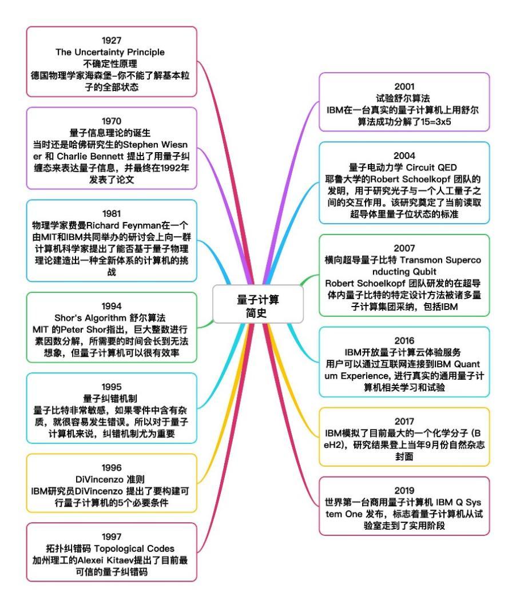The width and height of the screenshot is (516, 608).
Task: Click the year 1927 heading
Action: pyautogui.click(x=112, y=41)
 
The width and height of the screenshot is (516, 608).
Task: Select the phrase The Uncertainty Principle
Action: pyautogui.click(x=110, y=52)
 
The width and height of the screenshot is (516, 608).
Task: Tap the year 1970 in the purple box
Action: pyautogui.click(x=112, y=121)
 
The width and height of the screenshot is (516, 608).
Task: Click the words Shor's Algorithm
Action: pyautogui.click(x=88, y=318)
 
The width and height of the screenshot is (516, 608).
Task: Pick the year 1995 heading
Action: pyautogui.click(x=112, y=387)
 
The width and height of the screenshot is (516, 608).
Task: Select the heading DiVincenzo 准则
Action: pyautogui.click(x=110, y=479)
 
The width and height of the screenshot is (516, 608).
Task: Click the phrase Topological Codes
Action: pyautogui.click(x=134, y=549)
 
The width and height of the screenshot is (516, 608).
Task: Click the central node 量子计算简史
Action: pyautogui.click(x=258, y=305)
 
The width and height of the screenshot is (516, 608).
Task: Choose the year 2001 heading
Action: pyautogui.click(x=404, y=86)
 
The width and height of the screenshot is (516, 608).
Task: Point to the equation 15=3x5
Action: pyautogui.click(x=436, y=122)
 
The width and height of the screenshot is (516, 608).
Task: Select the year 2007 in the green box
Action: pyautogui.click(x=404, y=248)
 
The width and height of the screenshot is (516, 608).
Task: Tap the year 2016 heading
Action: pyautogui.click(x=404, y=340)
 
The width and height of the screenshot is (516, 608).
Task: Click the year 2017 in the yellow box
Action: pyautogui.click(x=404, y=421)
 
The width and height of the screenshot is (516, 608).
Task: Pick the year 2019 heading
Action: pyautogui.click(x=404, y=491)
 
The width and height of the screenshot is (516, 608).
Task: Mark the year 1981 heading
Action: pyautogui.click(x=112, y=214)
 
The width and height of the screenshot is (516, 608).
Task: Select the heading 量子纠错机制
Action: pyautogui.click(x=110, y=399)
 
